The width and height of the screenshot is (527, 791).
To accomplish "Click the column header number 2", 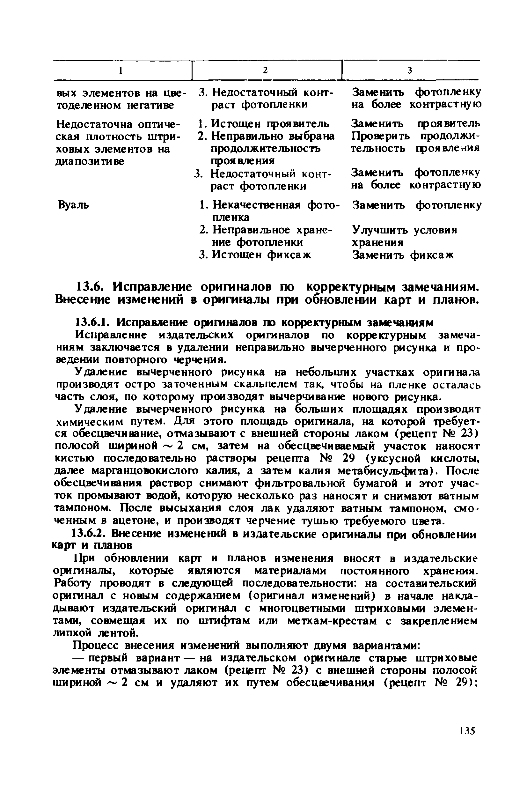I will (x=265, y=70).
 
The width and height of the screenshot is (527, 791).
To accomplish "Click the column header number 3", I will (x=410, y=70).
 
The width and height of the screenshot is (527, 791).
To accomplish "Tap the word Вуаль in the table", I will (x=74, y=205).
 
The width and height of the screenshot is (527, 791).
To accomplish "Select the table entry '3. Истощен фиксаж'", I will (x=255, y=255).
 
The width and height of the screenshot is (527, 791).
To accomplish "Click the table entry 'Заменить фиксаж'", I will (x=403, y=255).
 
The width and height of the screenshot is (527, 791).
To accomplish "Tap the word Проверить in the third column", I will (x=380, y=137).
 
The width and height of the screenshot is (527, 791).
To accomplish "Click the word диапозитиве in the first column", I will (x=90, y=161).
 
